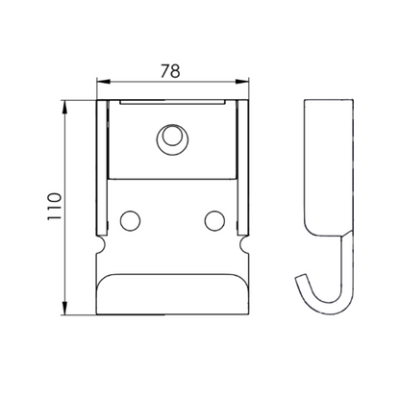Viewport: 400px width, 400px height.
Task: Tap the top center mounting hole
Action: click(171, 137)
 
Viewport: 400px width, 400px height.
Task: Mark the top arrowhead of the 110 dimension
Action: click(64, 102)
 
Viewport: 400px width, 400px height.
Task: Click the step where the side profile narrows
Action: click(332, 236)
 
